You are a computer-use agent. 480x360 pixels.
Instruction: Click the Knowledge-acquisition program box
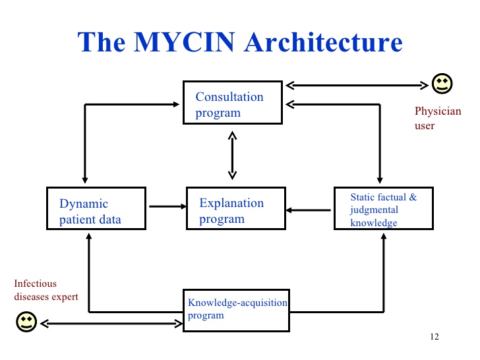pos(236,310)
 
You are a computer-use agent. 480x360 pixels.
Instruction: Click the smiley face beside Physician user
pos(442,83)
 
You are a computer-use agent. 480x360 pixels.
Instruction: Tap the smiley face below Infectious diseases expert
pos(25,322)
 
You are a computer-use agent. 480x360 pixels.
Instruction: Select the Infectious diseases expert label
pos(46,290)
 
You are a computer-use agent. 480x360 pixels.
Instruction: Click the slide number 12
pos(433,337)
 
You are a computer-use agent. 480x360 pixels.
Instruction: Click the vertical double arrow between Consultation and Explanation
pos(232,155)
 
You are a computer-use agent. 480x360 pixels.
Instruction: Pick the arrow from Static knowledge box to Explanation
pos(309,211)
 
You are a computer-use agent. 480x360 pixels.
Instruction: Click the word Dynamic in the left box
pos(83,204)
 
